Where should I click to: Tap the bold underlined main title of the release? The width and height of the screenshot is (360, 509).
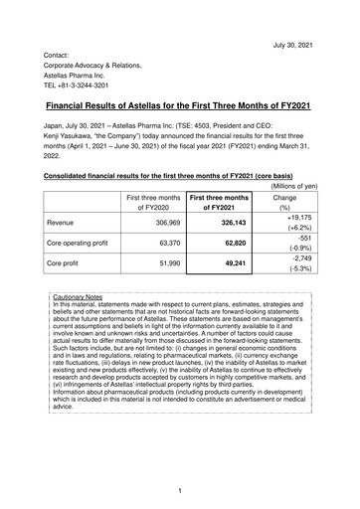(x=179, y=103)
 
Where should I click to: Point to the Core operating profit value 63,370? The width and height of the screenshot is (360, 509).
(x=166, y=268)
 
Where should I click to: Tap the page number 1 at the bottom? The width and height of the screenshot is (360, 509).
(x=179, y=490)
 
